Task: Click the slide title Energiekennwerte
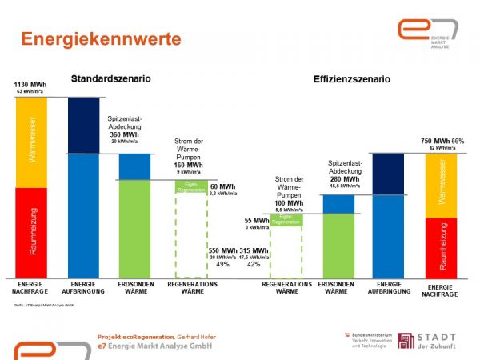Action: [101, 39]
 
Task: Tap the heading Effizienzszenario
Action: [352, 80]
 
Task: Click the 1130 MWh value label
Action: [31, 84]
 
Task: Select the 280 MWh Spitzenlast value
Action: [344, 178]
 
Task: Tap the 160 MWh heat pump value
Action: [189, 165]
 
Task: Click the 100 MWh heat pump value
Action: [289, 203]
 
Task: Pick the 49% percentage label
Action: [222, 264]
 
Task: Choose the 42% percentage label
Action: [254, 264]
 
